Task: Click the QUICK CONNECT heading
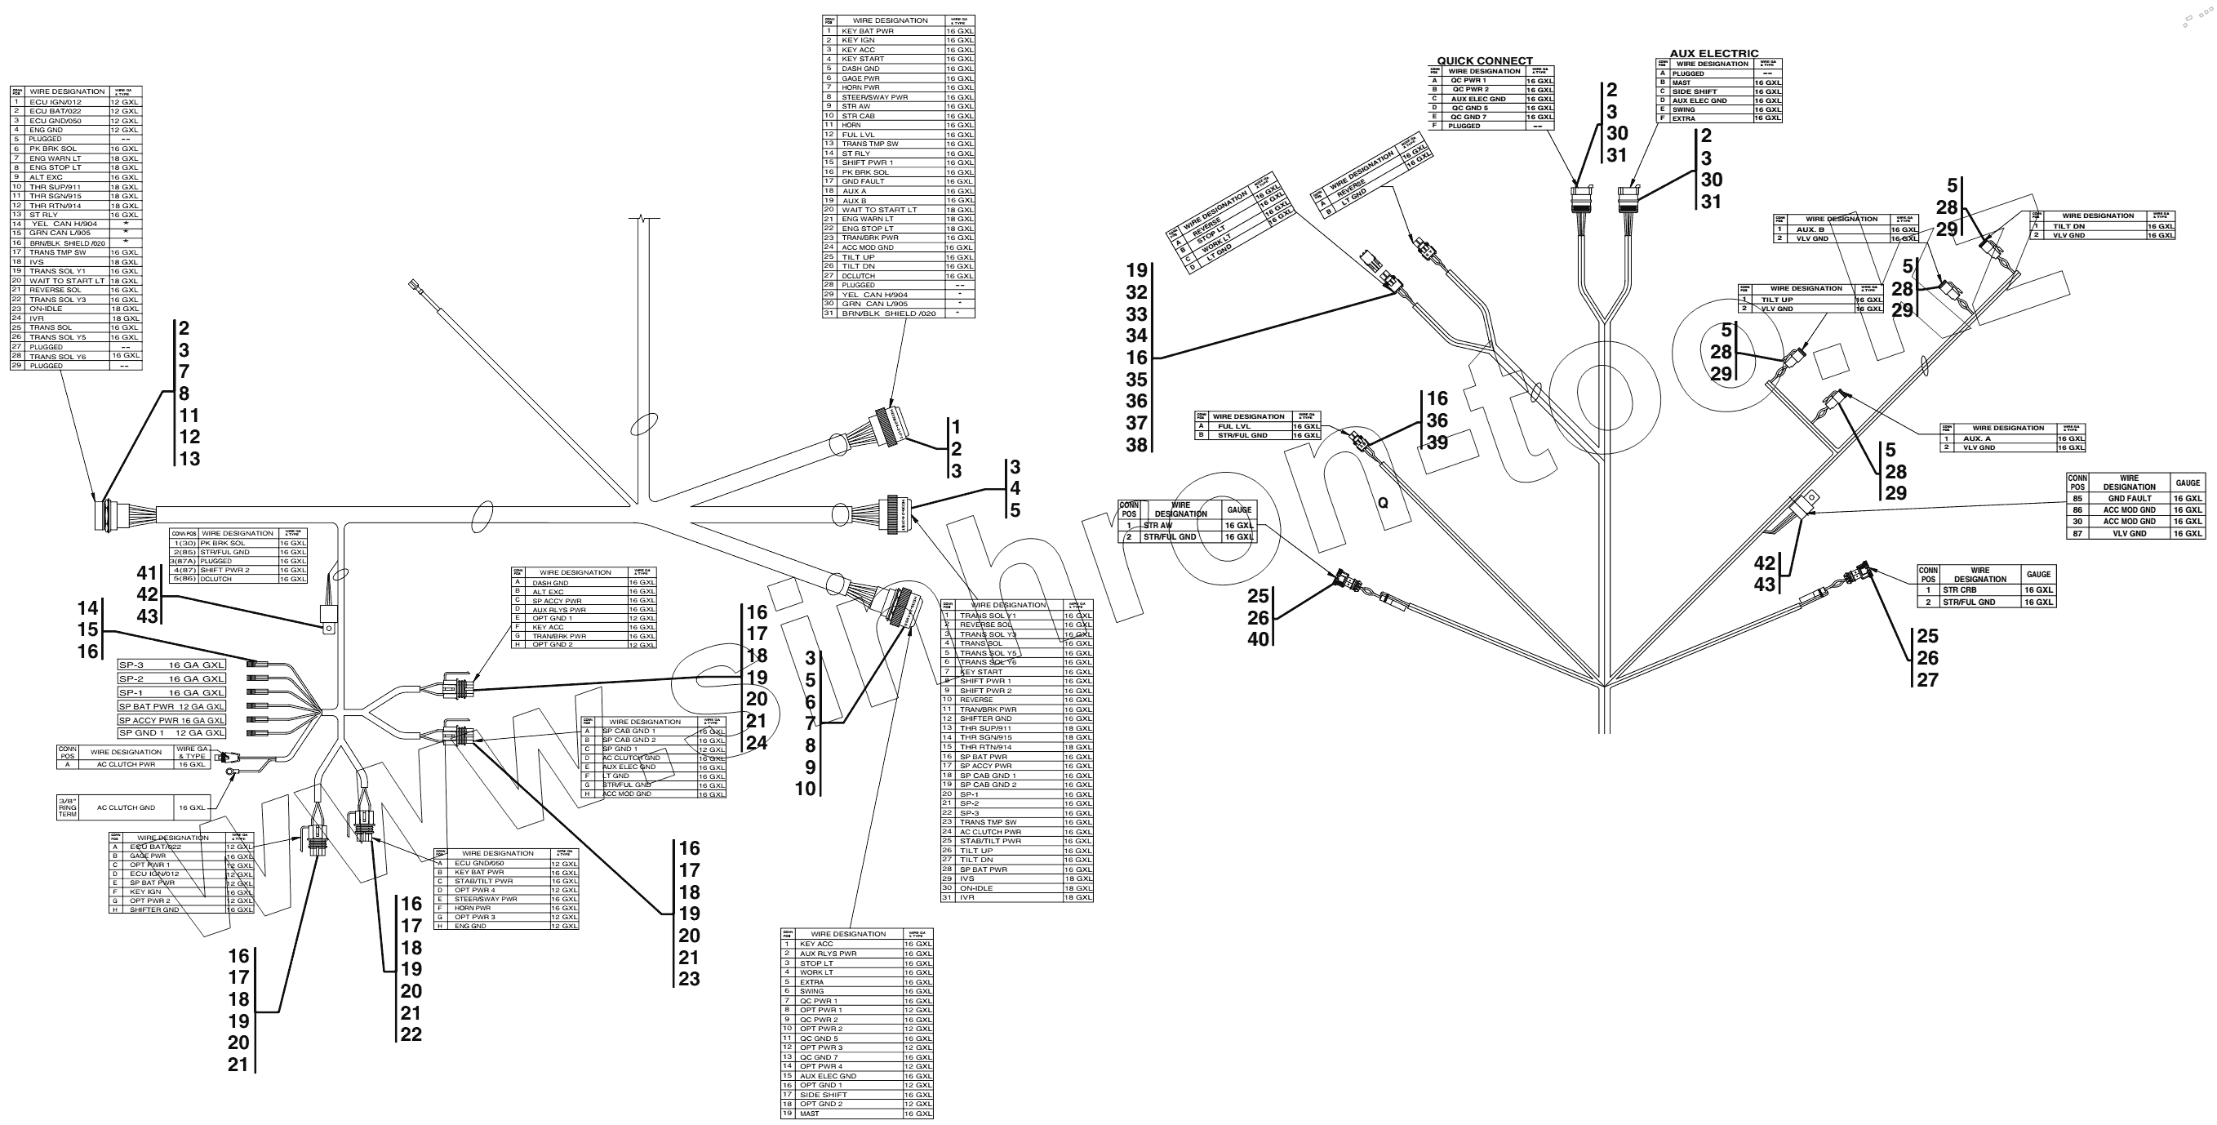(x=1485, y=61)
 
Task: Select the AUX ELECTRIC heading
(x=1713, y=53)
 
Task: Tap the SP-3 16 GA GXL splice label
(x=171, y=665)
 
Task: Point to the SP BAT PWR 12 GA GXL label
(x=171, y=707)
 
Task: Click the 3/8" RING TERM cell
(x=67, y=808)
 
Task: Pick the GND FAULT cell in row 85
(x=2129, y=498)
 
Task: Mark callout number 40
(x=1258, y=639)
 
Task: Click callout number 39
(x=1437, y=442)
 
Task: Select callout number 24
(x=757, y=743)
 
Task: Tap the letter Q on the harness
(x=1382, y=504)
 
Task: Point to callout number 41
(x=147, y=572)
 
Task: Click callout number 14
(x=88, y=608)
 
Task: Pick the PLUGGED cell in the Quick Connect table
(x=1464, y=126)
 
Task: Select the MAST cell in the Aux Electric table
(x=1682, y=82)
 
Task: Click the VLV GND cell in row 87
(x=2129, y=534)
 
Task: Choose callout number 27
(x=1928, y=680)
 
